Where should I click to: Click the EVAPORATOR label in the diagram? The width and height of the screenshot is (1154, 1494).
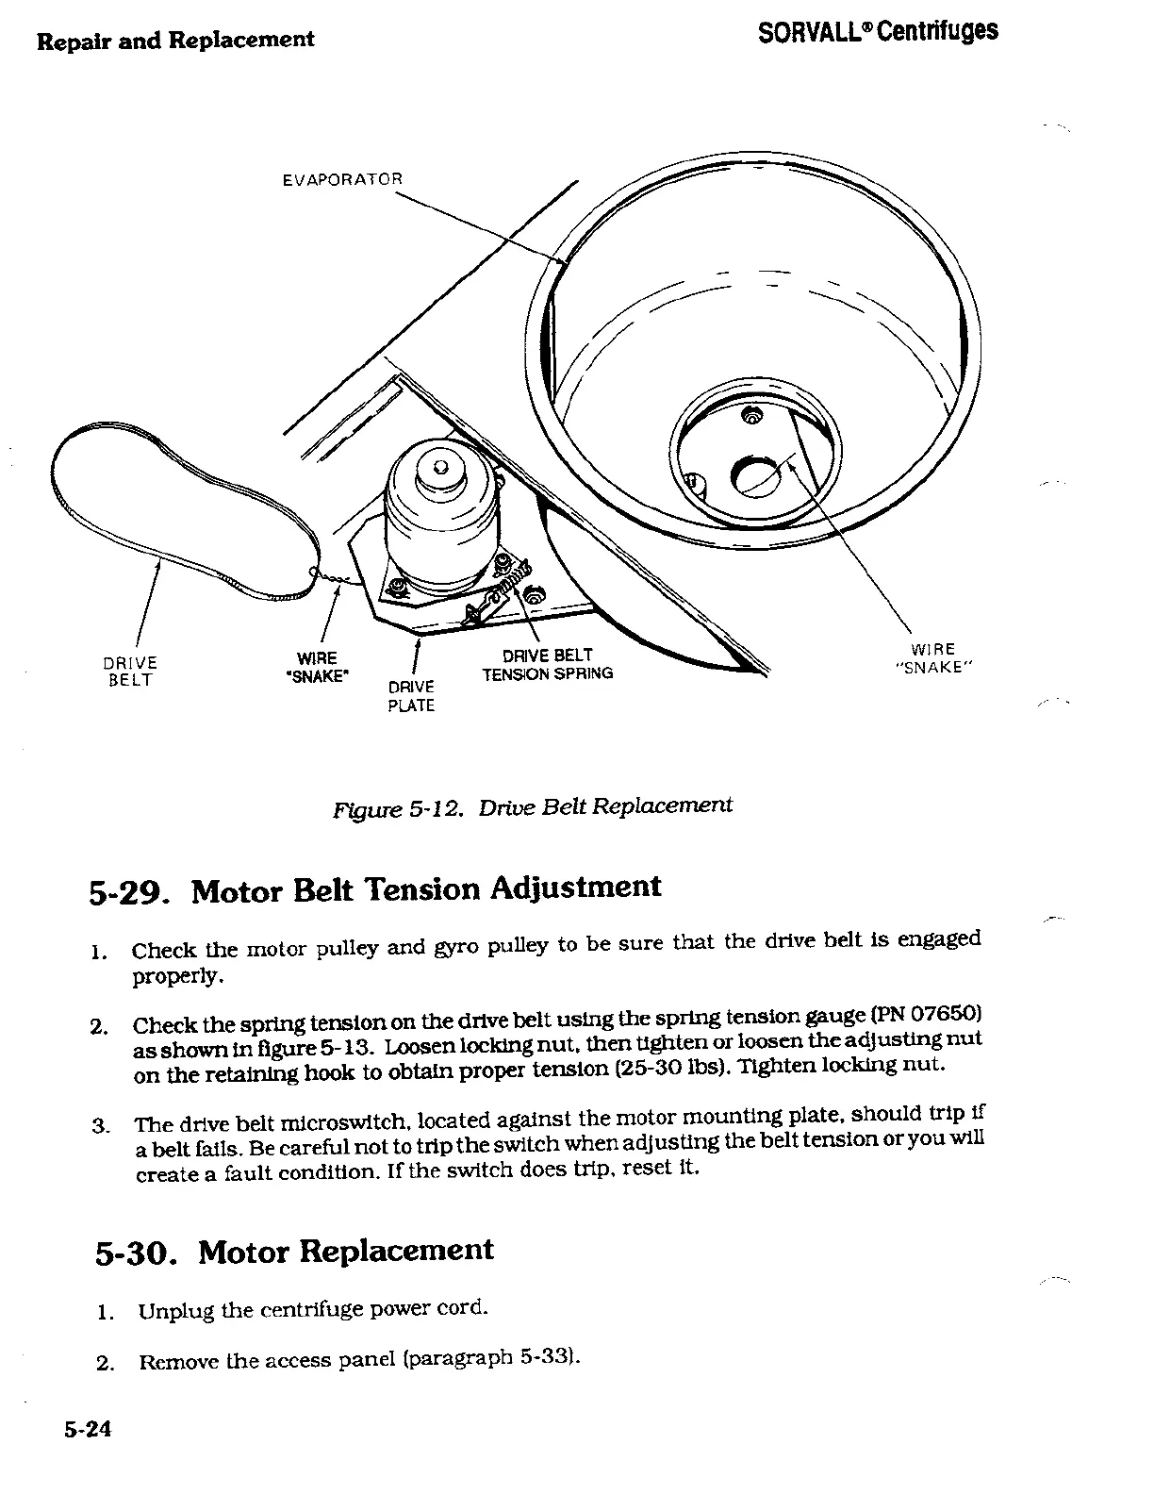click(x=342, y=179)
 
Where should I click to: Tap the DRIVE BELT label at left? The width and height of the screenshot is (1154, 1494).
click(x=130, y=672)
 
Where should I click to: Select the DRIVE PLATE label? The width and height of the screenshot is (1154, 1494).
click(x=411, y=696)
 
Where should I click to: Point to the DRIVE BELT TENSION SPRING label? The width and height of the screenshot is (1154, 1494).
click(x=548, y=664)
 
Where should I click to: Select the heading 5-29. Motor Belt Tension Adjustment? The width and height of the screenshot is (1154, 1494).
click(x=375, y=889)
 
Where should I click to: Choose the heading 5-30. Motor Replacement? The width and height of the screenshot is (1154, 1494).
click(x=294, y=1252)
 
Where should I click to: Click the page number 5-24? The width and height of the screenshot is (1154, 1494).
click(x=88, y=1430)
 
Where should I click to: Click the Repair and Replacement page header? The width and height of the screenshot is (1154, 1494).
click(x=175, y=40)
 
